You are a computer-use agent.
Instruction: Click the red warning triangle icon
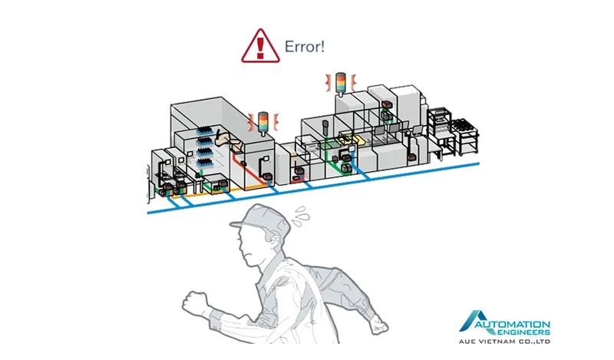click(x=260, y=45)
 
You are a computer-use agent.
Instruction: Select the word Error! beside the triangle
click(x=305, y=46)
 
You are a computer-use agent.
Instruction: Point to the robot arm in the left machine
click(x=225, y=138)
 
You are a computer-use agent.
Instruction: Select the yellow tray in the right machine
click(x=354, y=140)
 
